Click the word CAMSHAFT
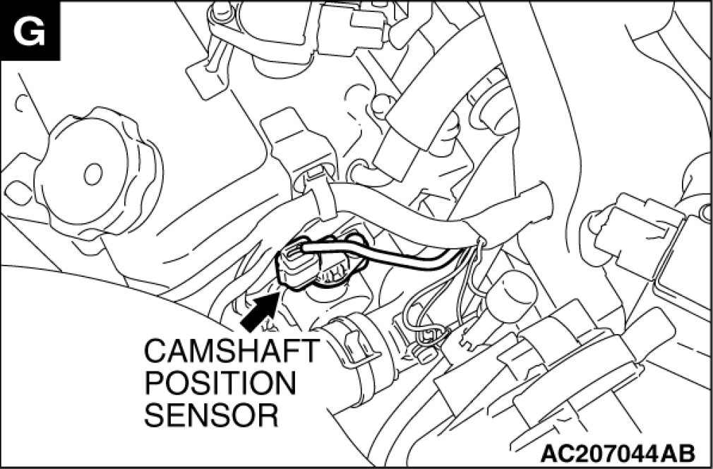point(232,351)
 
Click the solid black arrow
point(258,311)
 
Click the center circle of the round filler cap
point(92,171)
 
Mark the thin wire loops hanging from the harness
point(438,304)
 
